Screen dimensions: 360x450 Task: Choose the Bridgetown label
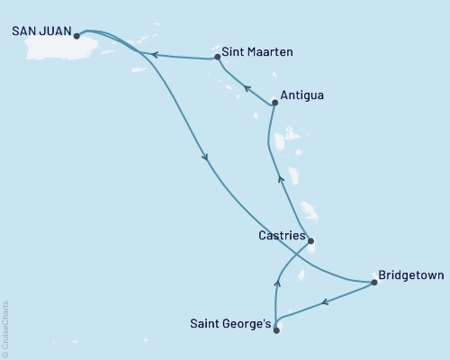(410, 276)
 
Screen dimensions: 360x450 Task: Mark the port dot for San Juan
(76, 37)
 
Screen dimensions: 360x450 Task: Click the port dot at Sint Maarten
(218, 58)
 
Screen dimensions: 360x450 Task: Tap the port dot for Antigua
(274, 103)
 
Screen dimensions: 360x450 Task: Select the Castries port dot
(310, 241)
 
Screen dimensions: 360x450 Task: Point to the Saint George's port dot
(276, 330)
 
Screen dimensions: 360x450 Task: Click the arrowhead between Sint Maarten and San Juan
(154, 55)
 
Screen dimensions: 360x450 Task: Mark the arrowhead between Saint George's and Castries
(277, 283)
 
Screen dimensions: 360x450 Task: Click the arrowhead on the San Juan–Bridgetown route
(208, 158)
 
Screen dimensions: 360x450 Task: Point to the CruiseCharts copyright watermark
(5, 329)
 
